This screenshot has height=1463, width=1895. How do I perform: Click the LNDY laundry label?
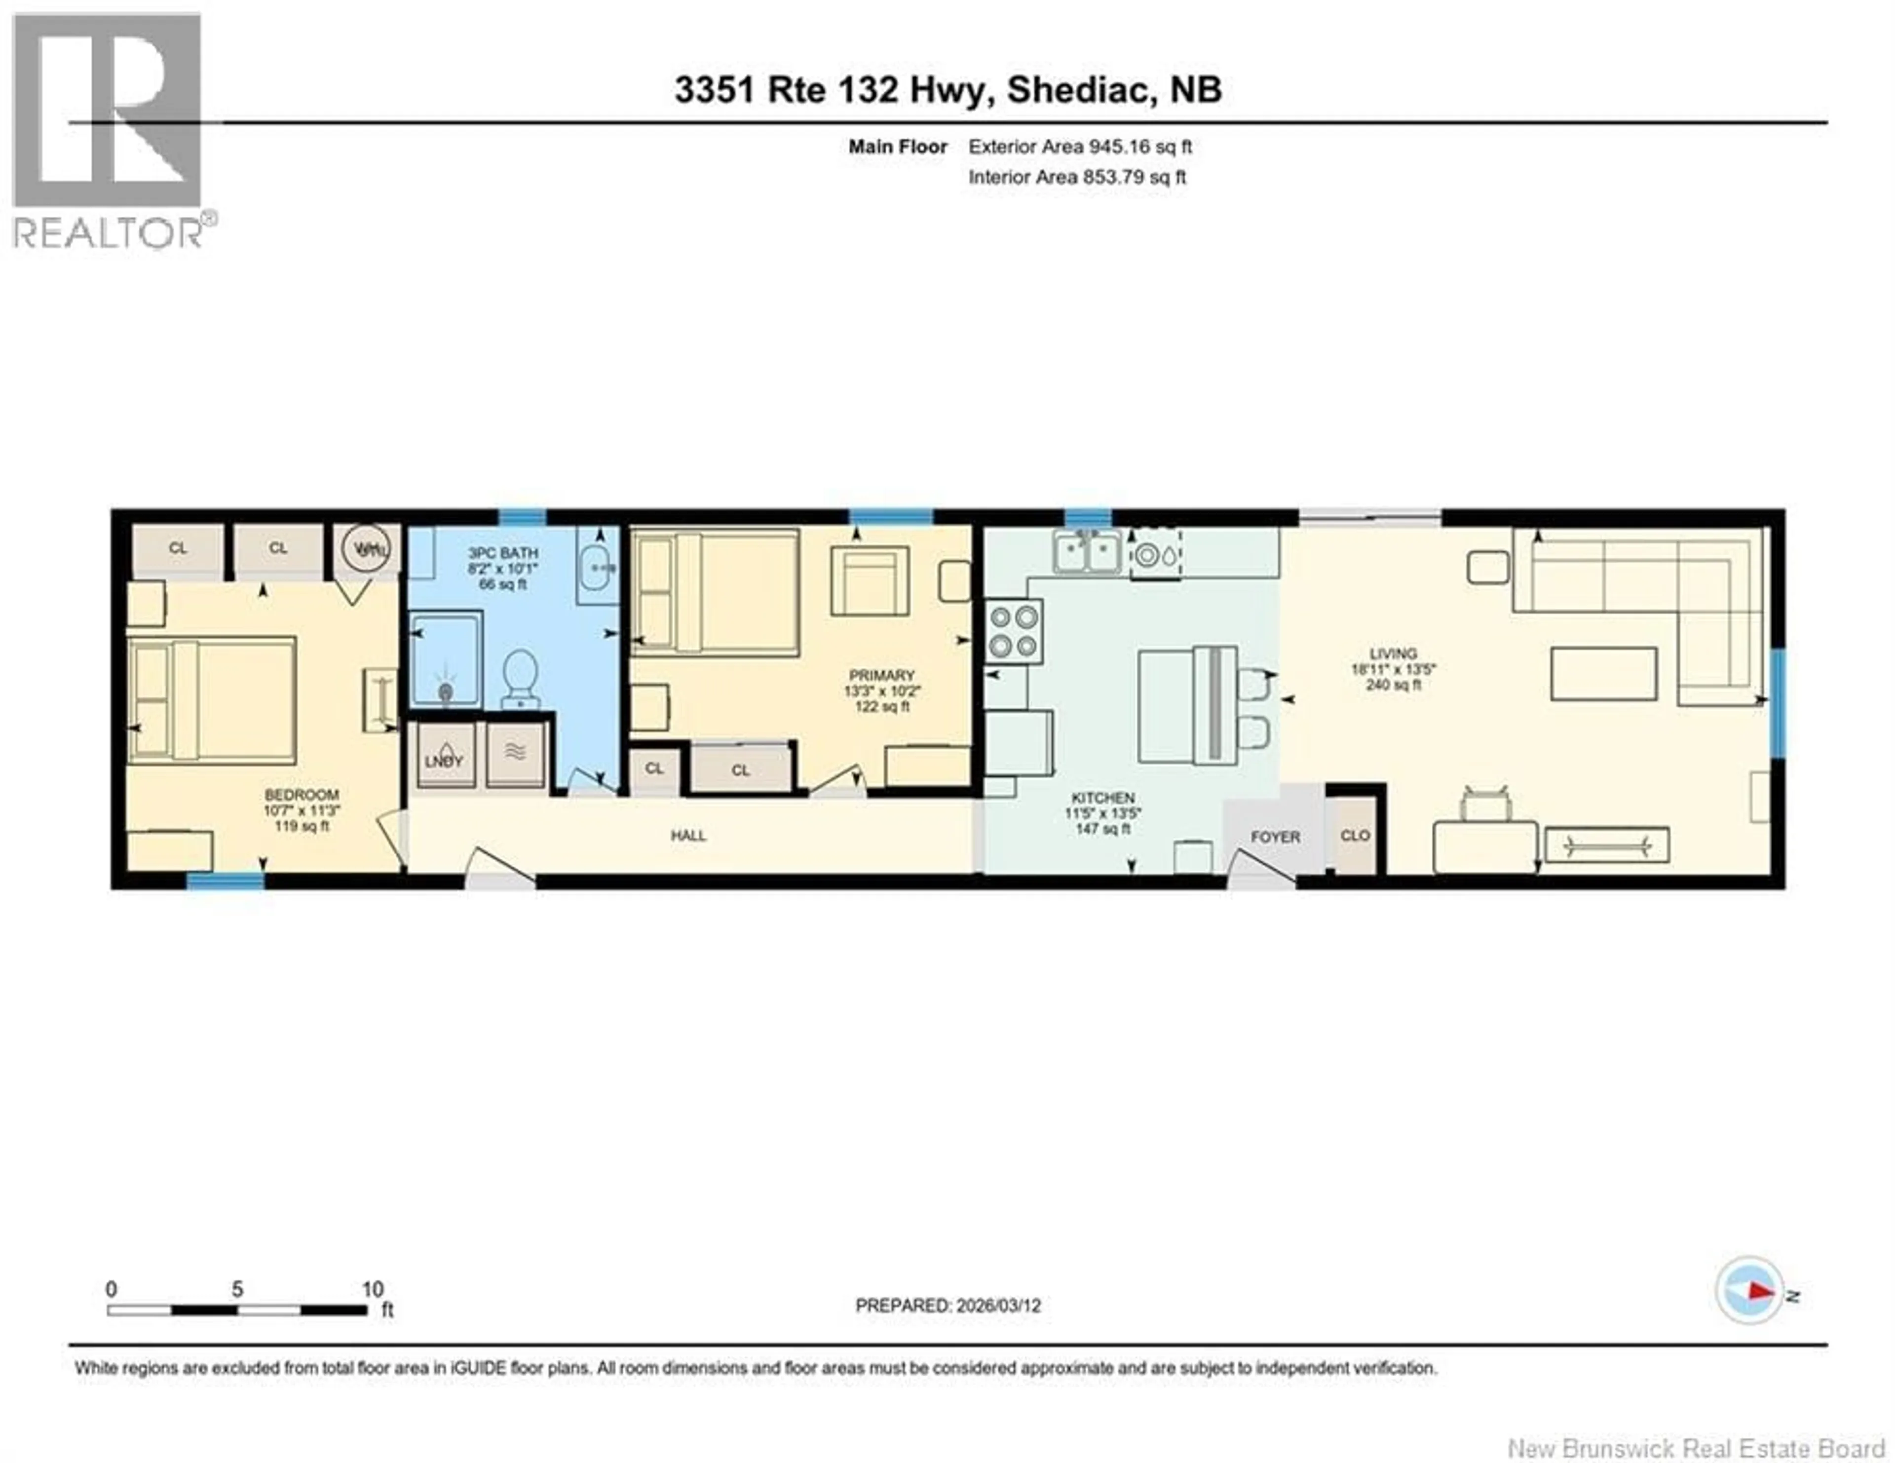(x=443, y=761)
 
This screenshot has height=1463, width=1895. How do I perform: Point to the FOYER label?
(x=1275, y=837)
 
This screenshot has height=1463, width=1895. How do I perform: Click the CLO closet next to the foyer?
(x=1355, y=835)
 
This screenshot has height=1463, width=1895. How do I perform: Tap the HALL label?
(x=688, y=836)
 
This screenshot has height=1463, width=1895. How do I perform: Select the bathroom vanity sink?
(x=598, y=567)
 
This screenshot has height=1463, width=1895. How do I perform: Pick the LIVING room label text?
(x=1393, y=654)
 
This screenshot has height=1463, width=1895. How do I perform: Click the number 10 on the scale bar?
(x=372, y=1289)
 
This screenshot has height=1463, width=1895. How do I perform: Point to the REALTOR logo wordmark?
(x=109, y=232)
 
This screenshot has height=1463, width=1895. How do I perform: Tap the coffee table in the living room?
(x=1603, y=673)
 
